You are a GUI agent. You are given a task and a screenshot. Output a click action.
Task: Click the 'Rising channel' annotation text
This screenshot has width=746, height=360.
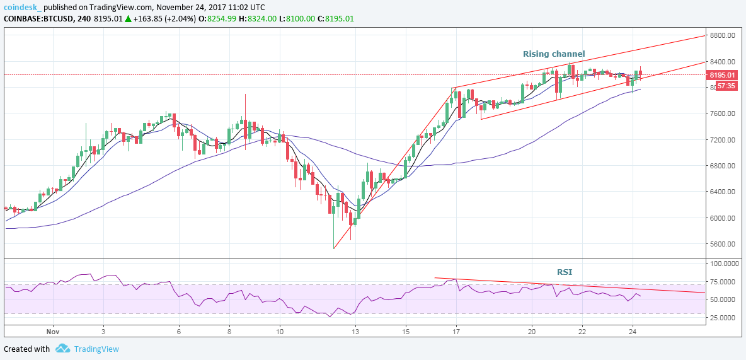554,54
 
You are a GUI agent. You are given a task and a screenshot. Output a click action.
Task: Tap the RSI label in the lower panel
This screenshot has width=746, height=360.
565,272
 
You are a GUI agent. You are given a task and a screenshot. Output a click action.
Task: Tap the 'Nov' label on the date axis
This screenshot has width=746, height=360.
54,330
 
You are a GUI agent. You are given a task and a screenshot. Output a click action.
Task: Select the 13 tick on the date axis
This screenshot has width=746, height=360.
356,330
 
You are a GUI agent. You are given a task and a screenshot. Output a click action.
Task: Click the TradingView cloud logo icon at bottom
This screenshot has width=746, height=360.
62,349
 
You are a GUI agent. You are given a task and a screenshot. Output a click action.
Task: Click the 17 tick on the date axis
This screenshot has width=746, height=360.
456,330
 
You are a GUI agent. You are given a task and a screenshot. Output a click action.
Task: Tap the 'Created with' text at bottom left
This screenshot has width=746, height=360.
27,349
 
